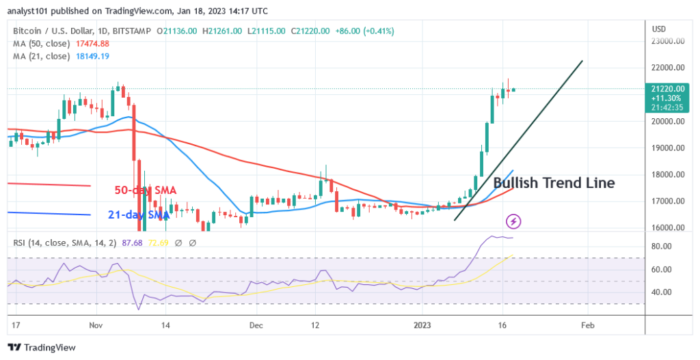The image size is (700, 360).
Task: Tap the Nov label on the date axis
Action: coord(95,327)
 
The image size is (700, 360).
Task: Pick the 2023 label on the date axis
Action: coord(421,327)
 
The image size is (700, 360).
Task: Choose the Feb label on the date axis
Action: coord(586,327)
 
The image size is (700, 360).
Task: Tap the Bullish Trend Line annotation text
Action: coord(554,183)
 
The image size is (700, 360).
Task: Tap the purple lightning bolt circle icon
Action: coord(513,221)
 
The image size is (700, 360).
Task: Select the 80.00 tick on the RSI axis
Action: coord(663,246)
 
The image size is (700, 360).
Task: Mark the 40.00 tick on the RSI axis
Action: coord(663,292)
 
